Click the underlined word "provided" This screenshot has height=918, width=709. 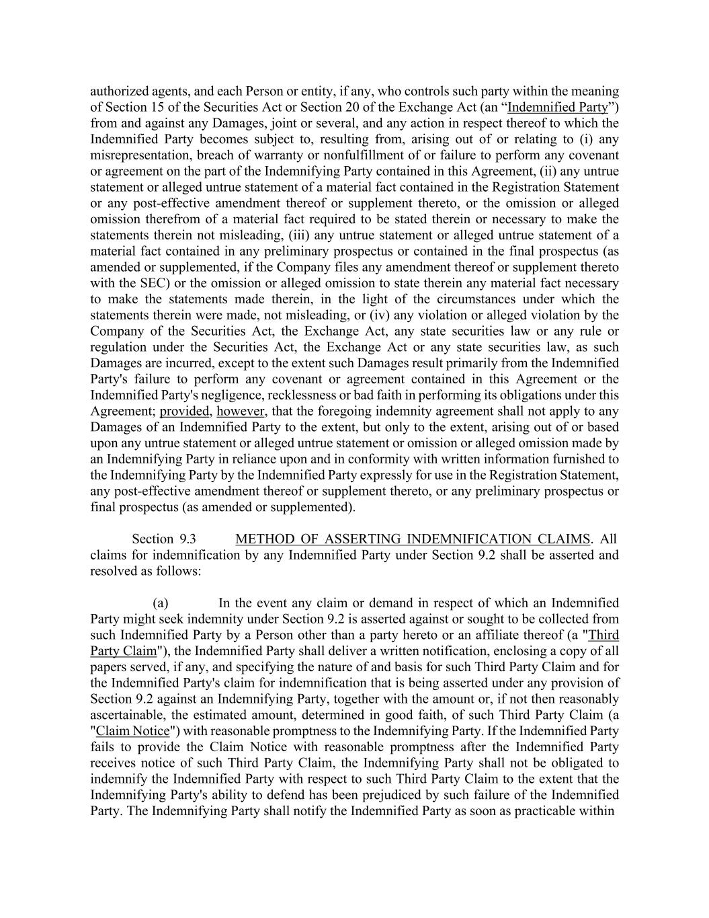184,412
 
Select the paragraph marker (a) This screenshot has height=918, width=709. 160,603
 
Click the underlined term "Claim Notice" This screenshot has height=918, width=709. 133,731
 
